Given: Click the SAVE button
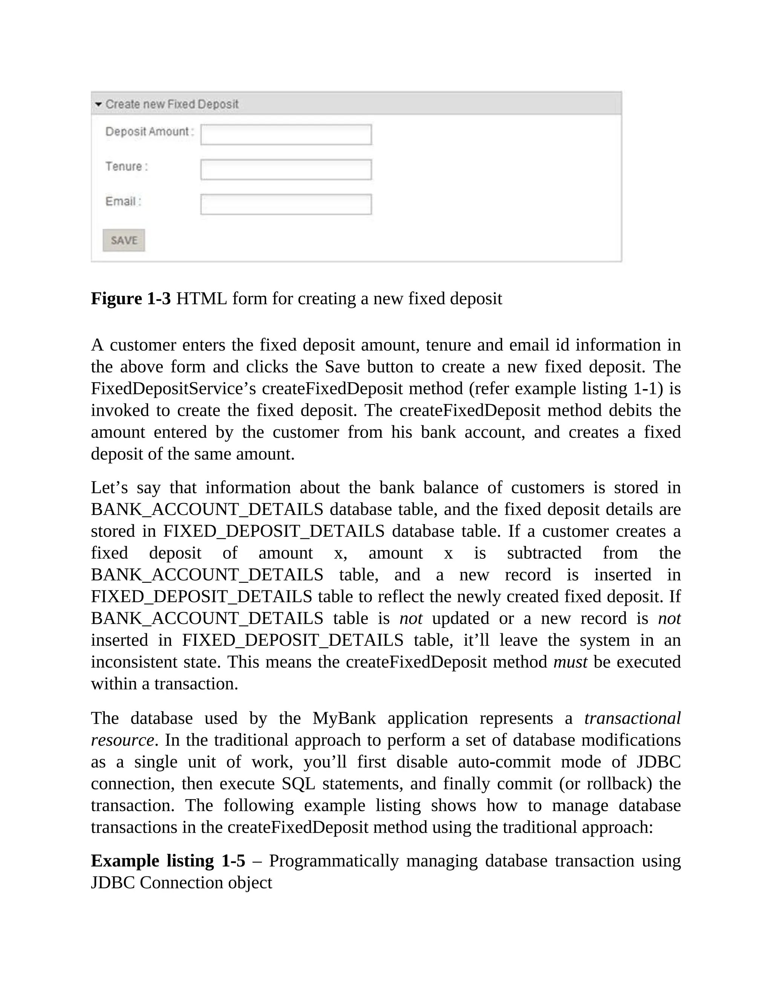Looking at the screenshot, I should click(124, 240).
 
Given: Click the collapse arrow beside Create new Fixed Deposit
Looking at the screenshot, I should click(98, 104).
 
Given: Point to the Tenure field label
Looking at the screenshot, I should click(126, 167).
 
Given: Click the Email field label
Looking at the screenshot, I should click(123, 201).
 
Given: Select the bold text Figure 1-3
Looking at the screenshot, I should click(130, 299).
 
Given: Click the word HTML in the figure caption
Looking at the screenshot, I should click(201, 299).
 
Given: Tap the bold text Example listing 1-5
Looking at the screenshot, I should click(168, 861).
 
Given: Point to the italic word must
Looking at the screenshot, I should click(570, 662).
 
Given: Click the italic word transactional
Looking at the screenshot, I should click(632, 718).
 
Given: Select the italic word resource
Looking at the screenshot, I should click(122, 740).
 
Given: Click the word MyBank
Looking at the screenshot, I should click(344, 718).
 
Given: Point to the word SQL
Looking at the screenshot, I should click(298, 784).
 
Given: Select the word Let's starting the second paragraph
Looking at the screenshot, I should click(109, 487).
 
